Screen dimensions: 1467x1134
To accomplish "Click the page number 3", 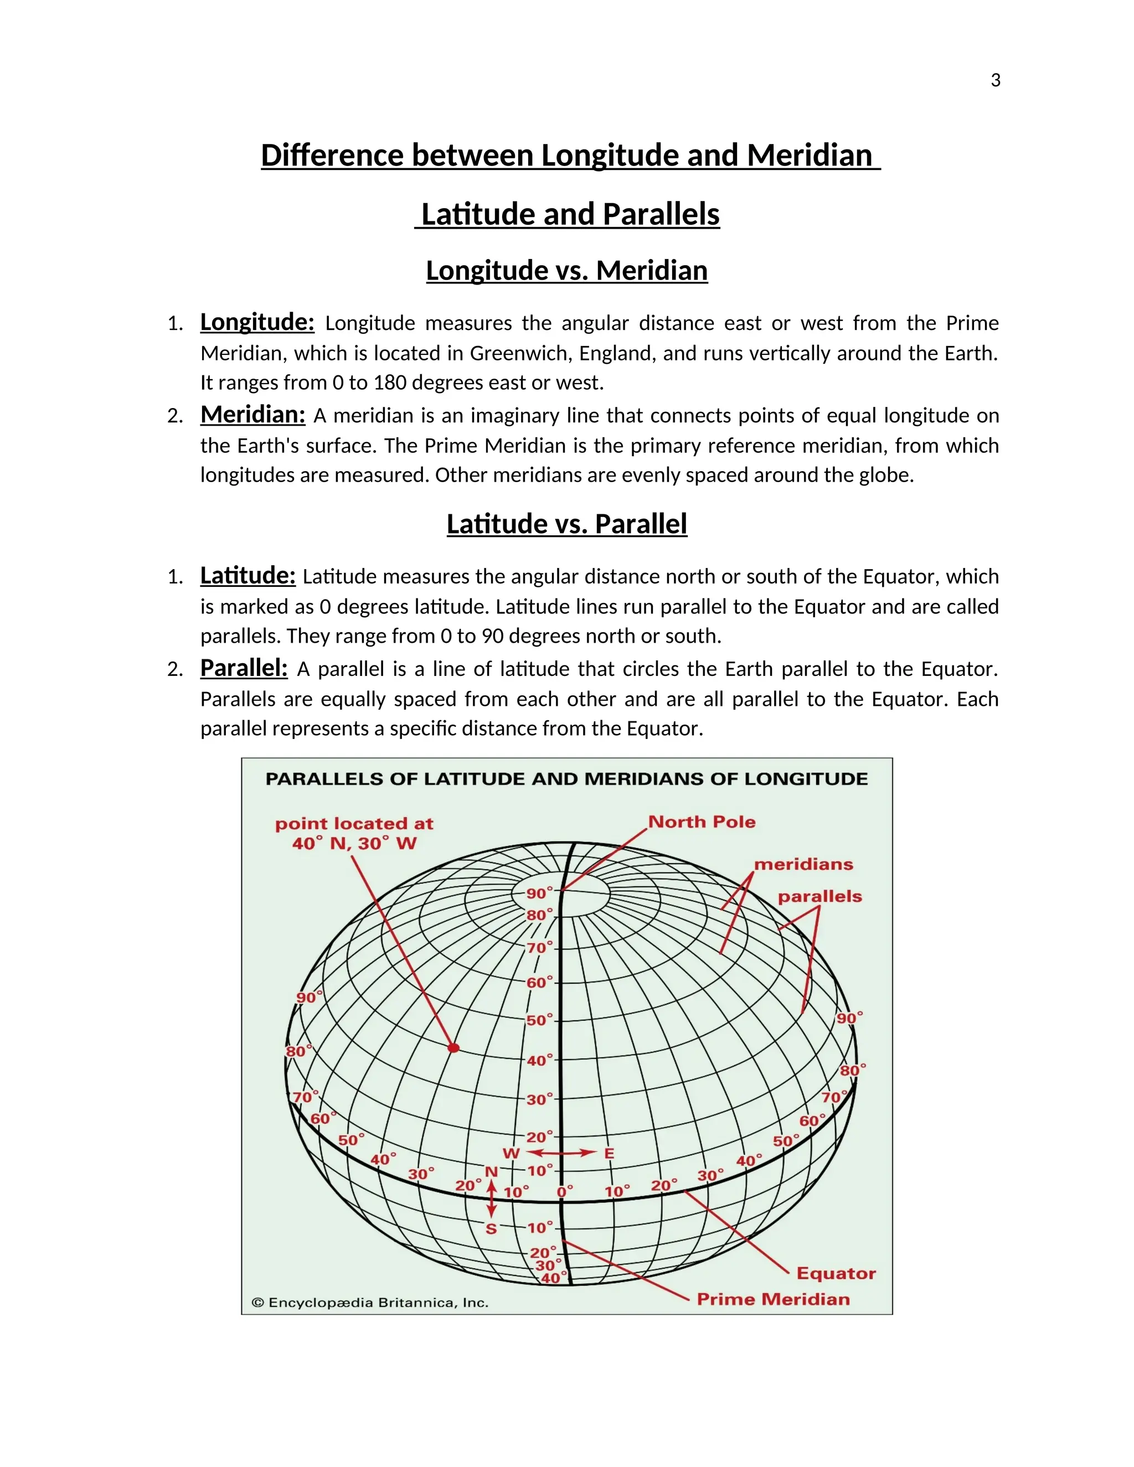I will pos(995,81).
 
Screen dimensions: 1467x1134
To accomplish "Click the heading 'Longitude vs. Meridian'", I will pos(566,271).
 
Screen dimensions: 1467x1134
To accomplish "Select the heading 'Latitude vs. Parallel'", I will pos(566,524).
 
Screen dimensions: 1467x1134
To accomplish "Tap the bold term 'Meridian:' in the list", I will pos(252,415).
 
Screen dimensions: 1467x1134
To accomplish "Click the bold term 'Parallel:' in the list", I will pos(244,668).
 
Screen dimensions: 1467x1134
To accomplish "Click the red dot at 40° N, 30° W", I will pos(453,1047).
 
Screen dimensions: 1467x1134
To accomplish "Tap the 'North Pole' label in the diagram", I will pos(702,822).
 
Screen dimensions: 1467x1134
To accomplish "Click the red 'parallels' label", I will pos(819,896).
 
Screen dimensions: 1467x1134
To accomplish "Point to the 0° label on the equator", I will pos(564,1192).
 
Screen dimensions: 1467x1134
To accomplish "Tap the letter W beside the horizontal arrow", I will pos(511,1153).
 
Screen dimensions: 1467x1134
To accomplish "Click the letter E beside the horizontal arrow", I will pos(609,1153).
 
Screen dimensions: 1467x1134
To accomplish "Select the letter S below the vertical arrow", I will pos(491,1229).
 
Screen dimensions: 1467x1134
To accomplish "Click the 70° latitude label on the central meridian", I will pos(539,948).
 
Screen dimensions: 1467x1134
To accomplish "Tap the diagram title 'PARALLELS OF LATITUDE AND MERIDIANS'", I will pos(566,779).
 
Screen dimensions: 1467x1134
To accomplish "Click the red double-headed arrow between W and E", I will pos(561,1153).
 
